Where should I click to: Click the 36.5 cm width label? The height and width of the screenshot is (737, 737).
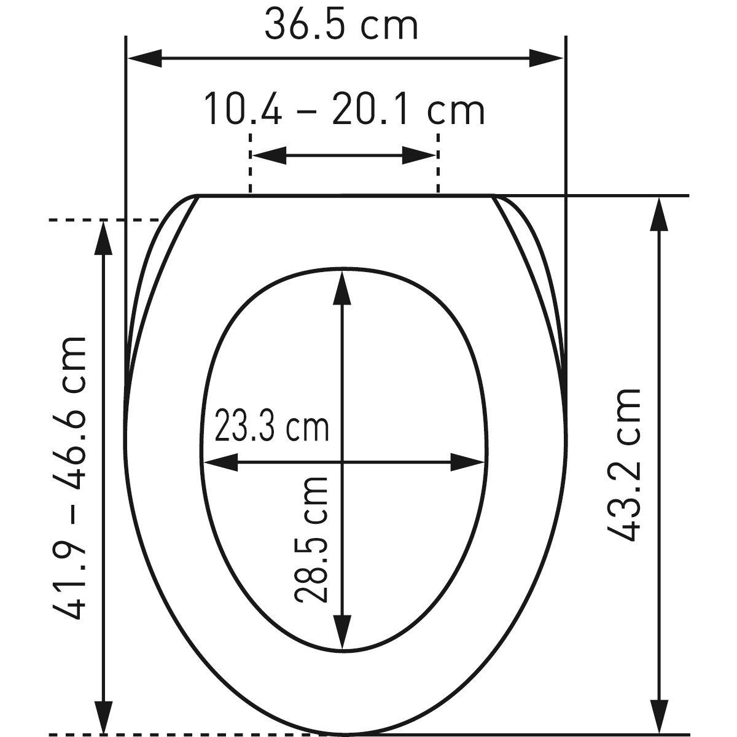pos(341,26)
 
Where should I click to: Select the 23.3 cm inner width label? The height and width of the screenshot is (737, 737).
pos(271,425)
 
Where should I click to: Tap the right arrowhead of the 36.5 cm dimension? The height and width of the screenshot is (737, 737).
pos(546,58)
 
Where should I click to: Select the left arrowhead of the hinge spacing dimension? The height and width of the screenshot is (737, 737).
pos(269,155)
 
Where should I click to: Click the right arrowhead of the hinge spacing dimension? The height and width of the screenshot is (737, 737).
pos(419,155)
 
